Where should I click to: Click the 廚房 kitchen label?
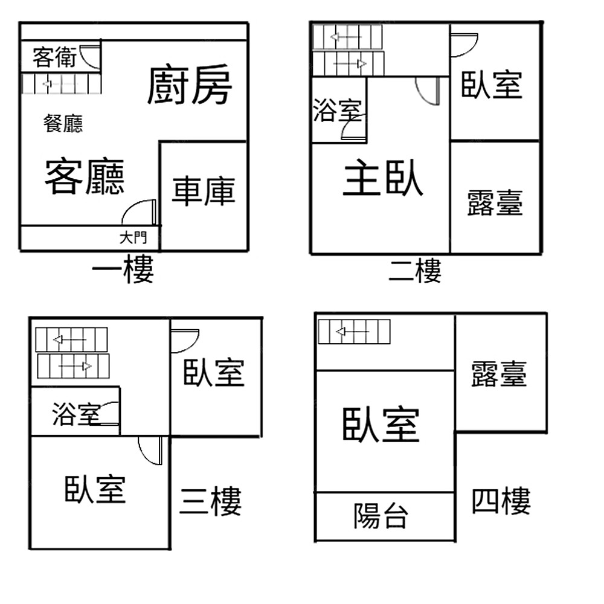tap(190, 86)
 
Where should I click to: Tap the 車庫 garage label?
tap(203, 191)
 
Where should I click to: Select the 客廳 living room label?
tap(85, 176)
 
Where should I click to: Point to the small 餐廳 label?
tap(63, 124)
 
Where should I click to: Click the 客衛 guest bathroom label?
tap(54, 58)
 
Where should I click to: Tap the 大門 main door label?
tap(132, 237)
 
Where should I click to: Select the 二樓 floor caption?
tap(414, 270)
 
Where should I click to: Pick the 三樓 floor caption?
tap(210, 501)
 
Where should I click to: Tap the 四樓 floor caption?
tap(501, 501)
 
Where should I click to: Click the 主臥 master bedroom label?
tap(382, 179)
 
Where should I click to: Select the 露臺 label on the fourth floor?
tap(500, 374)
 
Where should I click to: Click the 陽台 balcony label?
tap(381, 516)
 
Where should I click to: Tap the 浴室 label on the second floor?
tap(337, 111)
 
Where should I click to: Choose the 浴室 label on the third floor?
tap(75, 414)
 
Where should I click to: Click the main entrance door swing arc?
tap(138, 212)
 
